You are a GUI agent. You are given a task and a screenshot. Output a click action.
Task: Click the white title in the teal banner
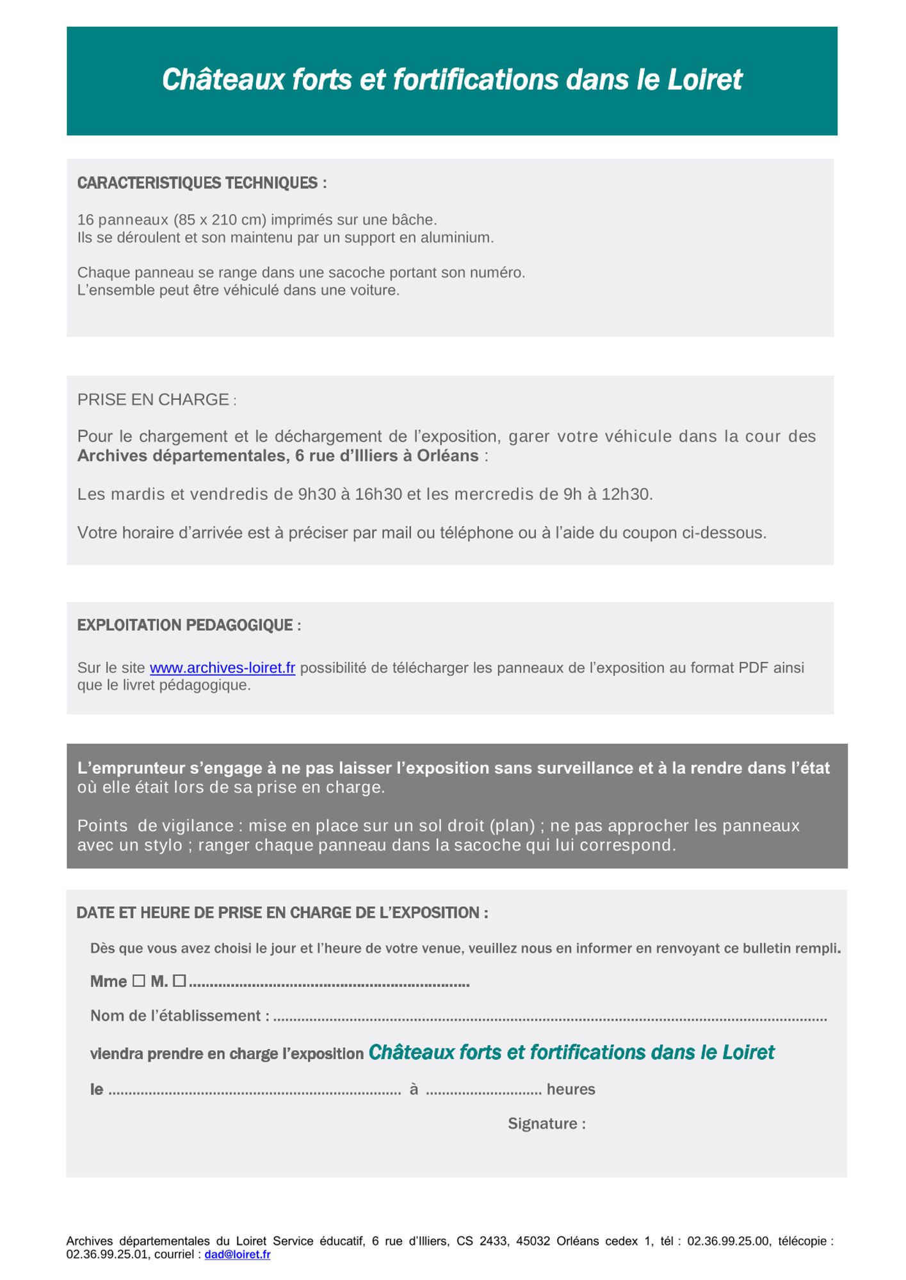452,80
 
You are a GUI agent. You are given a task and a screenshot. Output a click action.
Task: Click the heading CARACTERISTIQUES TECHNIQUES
202,183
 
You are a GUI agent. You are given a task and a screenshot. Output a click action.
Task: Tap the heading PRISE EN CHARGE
154,400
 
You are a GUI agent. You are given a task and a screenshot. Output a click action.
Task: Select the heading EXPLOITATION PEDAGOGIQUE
189,625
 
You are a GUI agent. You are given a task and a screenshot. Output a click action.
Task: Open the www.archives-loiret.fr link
222,668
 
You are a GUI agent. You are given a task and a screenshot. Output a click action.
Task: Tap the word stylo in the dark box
158,845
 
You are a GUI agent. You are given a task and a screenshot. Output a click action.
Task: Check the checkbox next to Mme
139,980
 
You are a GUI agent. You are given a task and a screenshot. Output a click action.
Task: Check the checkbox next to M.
179,980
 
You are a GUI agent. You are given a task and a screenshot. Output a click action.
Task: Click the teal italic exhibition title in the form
571,1053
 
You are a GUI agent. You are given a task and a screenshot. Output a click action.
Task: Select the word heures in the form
570,1090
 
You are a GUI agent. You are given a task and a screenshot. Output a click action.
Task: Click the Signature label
547,1124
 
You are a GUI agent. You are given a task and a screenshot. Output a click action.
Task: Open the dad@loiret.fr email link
237,1255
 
